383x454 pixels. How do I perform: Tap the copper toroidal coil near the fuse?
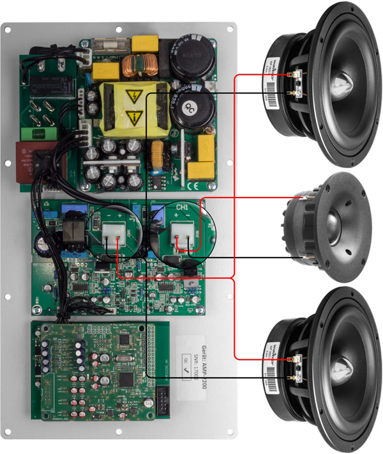(x=135, y=65)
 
